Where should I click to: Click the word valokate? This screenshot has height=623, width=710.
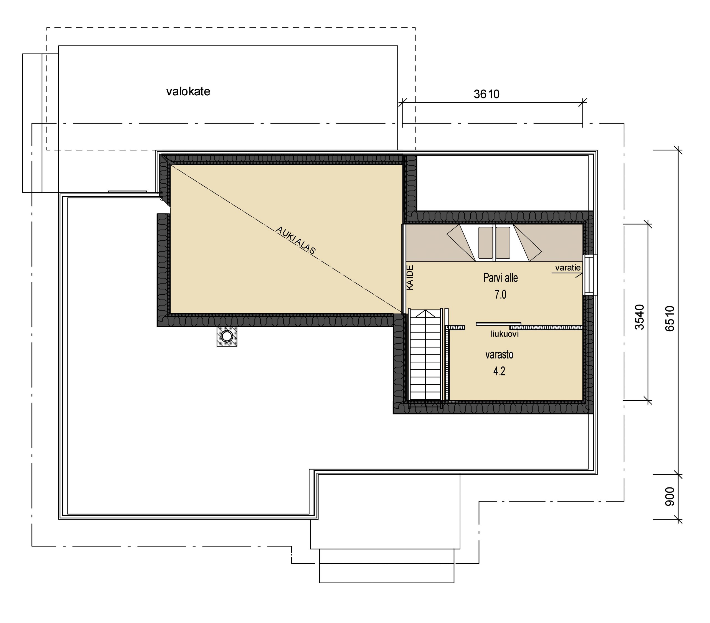point(188,92)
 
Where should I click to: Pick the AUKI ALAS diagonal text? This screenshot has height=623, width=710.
point(296,240)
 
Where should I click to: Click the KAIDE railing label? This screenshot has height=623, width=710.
point(410,278)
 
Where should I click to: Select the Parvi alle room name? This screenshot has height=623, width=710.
point(501,278)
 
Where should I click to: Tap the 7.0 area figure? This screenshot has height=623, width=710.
point(501,295)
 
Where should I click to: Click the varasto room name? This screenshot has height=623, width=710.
point(499,355)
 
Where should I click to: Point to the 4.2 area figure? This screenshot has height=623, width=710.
point(499,371)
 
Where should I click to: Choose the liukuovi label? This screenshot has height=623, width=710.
point(505,334)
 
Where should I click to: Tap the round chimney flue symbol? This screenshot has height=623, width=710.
point(227,336)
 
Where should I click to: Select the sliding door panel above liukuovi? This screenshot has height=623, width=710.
point(498,324)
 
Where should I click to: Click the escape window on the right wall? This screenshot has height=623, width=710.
point(590,275)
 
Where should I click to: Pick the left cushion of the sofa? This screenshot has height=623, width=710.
point(486,243)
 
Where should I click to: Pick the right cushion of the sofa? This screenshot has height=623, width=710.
point(503,243)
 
